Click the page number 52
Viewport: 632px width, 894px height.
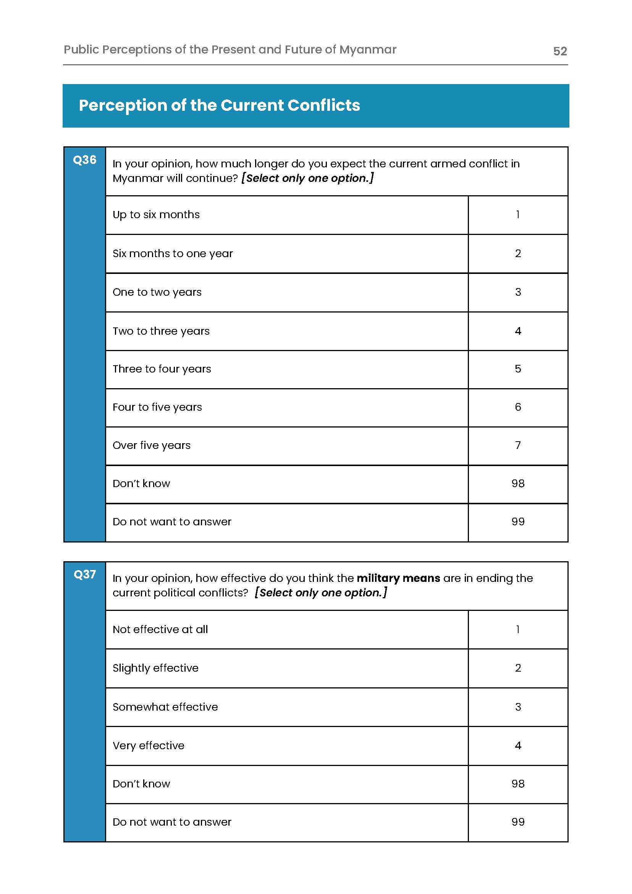[559, 51]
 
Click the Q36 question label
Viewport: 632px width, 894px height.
[84, 160]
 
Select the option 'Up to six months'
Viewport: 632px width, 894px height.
[156, 215]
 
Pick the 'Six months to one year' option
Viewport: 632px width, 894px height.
[172, 253]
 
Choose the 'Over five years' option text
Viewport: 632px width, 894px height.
[151, 445]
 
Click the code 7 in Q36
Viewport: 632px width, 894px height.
[517, 445]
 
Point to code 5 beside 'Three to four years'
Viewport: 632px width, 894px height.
[517, 369]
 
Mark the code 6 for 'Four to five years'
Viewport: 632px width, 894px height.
[517, 407]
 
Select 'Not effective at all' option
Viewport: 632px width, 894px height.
[160, 629]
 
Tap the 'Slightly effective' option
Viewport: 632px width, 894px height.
[155, 668]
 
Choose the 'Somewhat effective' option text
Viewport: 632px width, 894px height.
[165, 707]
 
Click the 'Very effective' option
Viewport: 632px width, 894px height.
[148, 745]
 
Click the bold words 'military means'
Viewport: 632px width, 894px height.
[398, 578]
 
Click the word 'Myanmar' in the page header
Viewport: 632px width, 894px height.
[367, 50]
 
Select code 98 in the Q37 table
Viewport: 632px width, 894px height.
[517, 784]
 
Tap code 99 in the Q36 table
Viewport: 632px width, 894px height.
[517, 521]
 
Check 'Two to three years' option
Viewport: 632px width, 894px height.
[161, 331]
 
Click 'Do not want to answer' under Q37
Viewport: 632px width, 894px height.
[171, 821]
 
